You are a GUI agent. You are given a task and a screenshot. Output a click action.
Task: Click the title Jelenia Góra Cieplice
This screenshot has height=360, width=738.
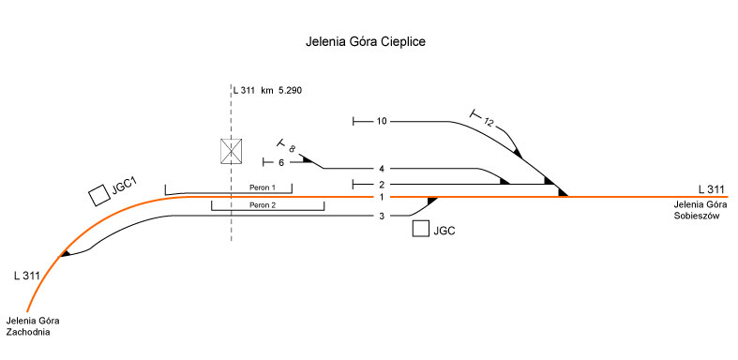[x=366, y=42]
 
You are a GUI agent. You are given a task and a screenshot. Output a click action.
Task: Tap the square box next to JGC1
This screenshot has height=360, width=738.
[x=99, y=195]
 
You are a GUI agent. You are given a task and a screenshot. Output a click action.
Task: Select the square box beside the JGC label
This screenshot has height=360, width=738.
[x=421, y=229]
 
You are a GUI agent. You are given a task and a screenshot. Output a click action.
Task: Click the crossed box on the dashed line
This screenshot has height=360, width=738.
[x=232, y=151]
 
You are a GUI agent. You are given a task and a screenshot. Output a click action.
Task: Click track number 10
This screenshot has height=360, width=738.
[x=382, y=122]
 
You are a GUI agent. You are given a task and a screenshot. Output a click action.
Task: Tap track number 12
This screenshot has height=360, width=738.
[x=489, y=123]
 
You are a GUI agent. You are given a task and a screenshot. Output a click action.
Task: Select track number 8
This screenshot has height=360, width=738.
[x=292, y=149]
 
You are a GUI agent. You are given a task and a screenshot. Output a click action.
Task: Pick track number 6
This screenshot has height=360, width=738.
[x=281, y=163]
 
